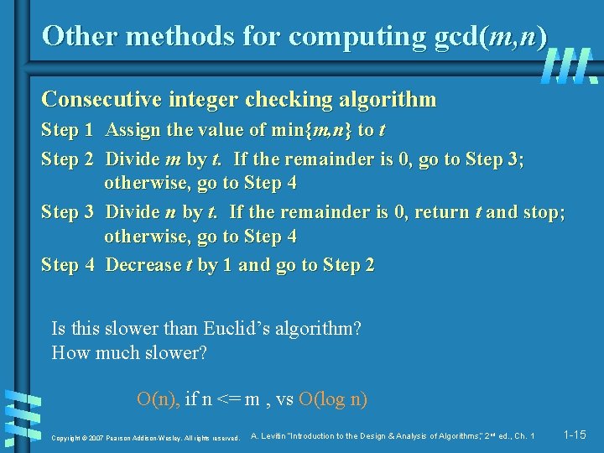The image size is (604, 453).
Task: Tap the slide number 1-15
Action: click(x=575, y=435)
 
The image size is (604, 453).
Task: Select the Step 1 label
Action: click(x=67, y=130)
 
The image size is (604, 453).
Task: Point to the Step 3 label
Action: click(x=67, y=211)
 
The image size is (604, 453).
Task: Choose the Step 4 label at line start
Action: click(x=67, y=265)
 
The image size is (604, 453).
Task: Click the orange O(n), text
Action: click(x=159, y=399)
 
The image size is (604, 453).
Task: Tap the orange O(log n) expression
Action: click(x=333, y=399)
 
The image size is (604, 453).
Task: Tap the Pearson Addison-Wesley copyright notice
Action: click(x=146, y=438)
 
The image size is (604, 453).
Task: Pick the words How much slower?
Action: click(x=129, y=353)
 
